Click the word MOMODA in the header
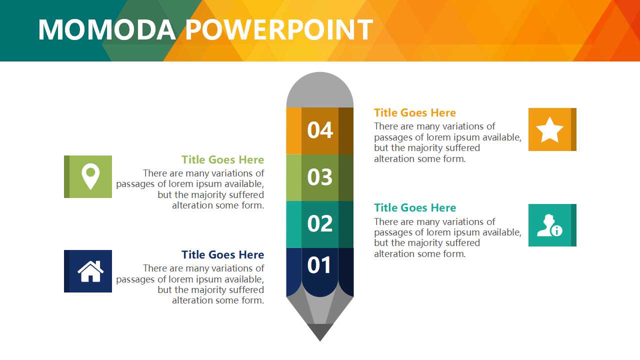pos(107,29)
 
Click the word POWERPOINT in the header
pos(279,29)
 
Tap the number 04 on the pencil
pos(320,130)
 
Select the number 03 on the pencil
pos(320,177)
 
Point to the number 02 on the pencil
pos(320,223)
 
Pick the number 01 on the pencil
pos(319,265)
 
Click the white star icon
pos(549,130)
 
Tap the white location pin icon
pos(90,176)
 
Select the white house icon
pos(90,271)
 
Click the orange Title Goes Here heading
pos(415,113)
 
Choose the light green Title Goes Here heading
pos(223,159)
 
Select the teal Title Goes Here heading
pos(415,207)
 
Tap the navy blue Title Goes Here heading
pos(223,254)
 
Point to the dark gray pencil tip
pos(320,332)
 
